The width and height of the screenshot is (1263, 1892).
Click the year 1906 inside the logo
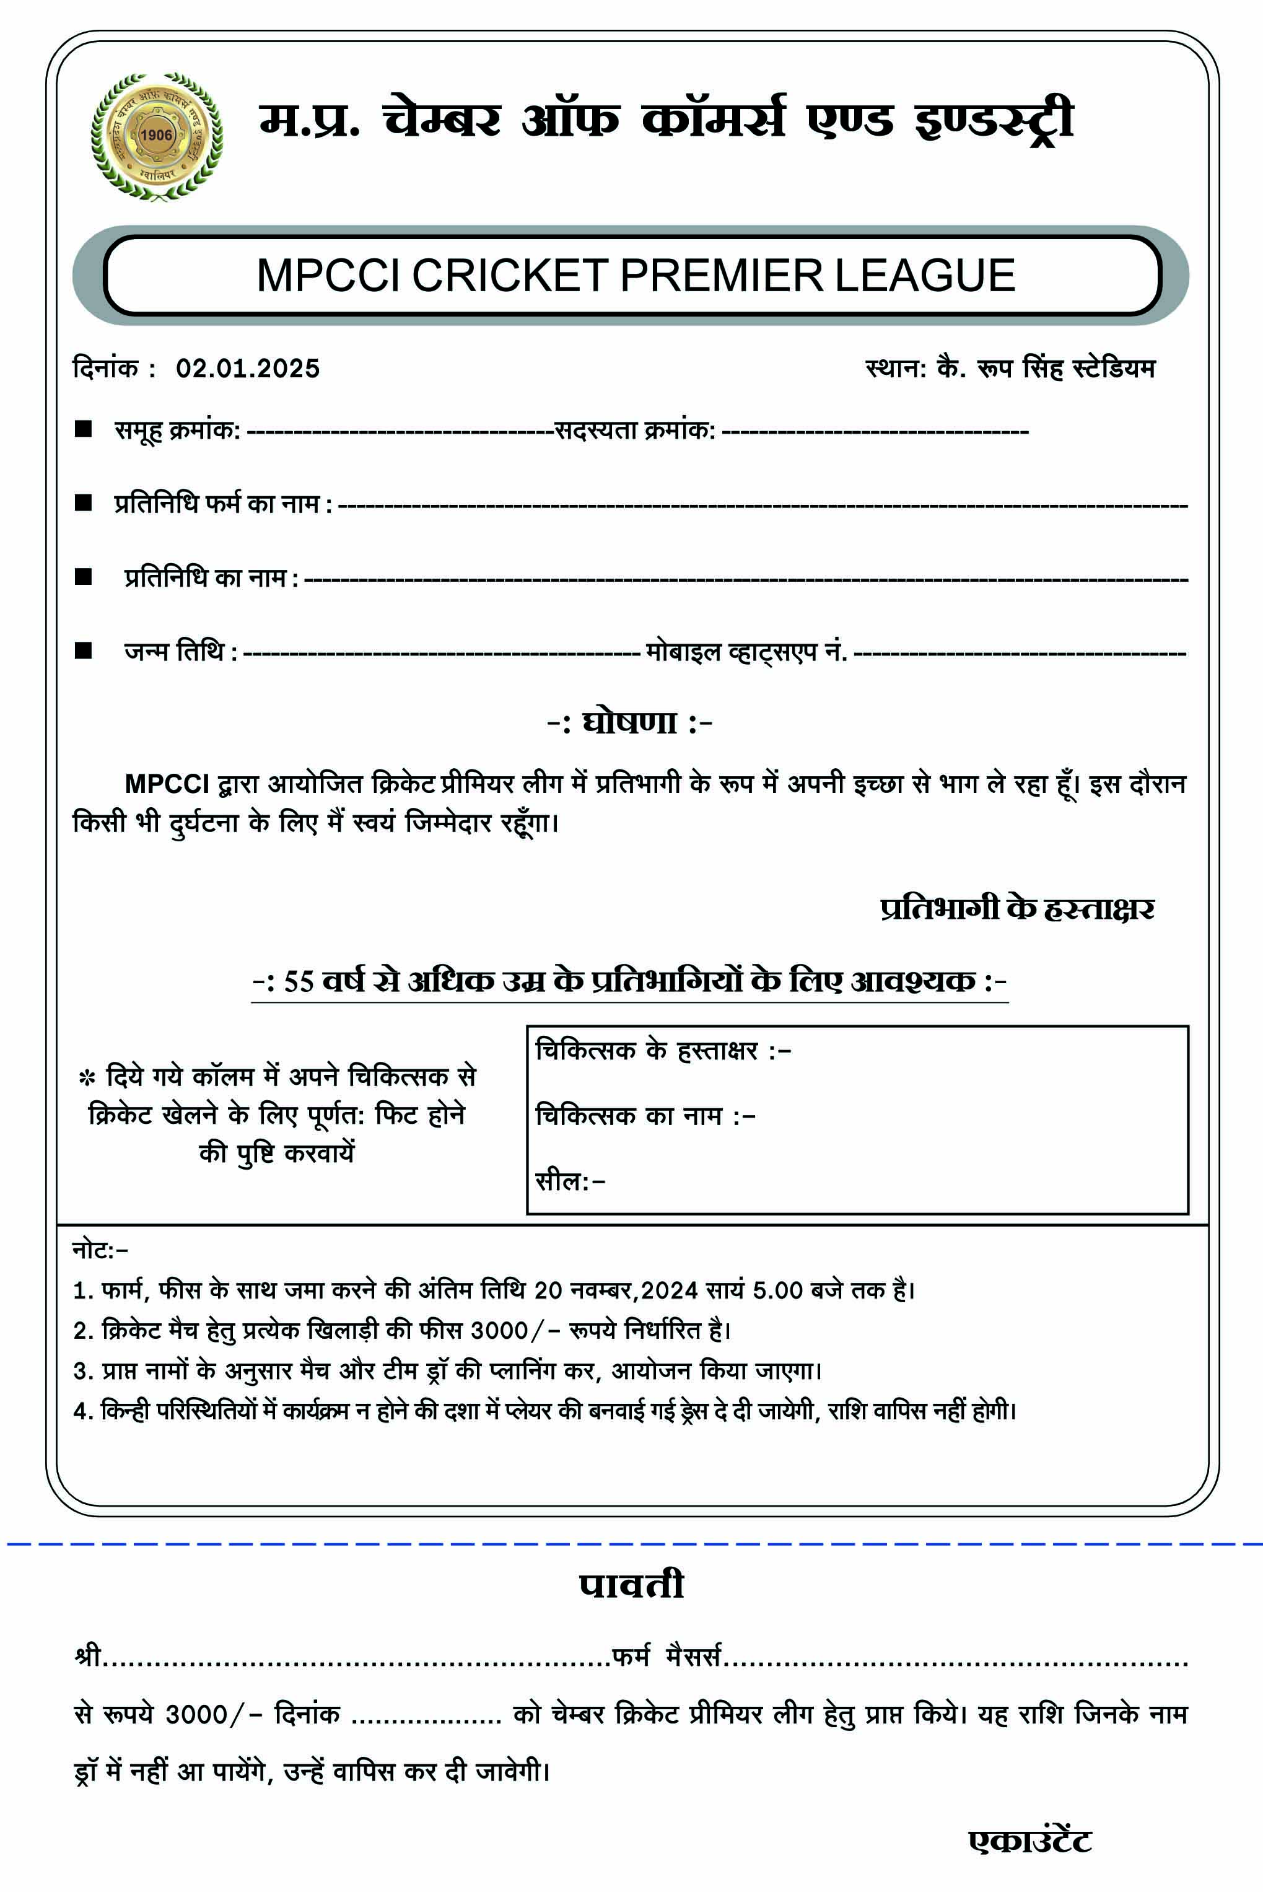[156, 134]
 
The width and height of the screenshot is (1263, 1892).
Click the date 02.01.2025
[247, 368]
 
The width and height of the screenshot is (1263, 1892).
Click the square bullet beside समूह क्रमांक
[83, 429]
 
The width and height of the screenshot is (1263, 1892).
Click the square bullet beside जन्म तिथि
[83, 650]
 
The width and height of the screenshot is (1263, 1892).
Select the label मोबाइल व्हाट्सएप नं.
[746, 651]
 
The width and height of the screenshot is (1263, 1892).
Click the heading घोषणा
[629, 722]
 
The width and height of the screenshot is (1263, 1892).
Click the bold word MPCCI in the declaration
[167, 784]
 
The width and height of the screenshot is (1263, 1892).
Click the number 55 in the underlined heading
[298, 981]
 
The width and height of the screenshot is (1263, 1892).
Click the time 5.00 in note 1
[777, 1290]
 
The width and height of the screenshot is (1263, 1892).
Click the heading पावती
[631, 1585]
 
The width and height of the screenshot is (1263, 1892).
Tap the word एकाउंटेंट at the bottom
[1029, 1841]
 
